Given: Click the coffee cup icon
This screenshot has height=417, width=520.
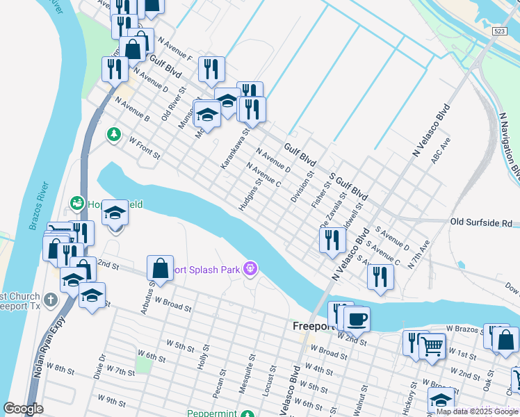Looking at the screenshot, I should coord(357,320).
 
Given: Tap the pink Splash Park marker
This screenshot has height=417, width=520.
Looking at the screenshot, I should coord(252,268).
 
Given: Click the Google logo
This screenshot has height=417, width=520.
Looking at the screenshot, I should coord(24,408).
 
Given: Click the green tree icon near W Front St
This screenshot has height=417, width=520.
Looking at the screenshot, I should coord(112,133).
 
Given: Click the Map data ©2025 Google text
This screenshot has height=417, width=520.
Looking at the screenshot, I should coord(478,411).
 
